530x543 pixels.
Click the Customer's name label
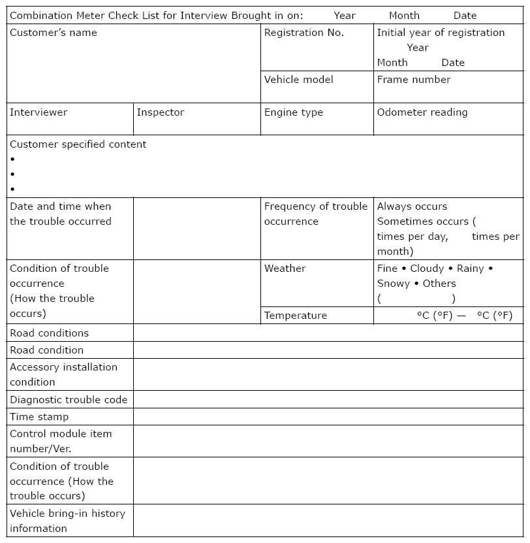click(54, 33)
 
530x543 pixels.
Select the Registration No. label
click(304, 33)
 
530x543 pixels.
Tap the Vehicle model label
click(298, 80)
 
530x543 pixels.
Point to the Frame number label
click(414, 80)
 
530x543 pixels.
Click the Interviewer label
click(39, 112)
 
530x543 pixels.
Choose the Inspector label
click(161, 112)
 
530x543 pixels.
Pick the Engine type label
click(294, 112)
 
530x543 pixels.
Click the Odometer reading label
click(422, 112)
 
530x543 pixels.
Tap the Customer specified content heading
click(78, 144)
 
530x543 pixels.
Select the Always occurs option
click(413, 206)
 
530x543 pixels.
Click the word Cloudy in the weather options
click(427, 269)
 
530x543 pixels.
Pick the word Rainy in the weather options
click(471, 269)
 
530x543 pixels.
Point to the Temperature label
click(296, 316)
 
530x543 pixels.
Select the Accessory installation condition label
click(63, 374)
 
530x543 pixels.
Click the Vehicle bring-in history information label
click(67, 521)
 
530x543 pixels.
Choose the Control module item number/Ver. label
click(61, 441)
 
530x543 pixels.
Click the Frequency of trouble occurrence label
click(316, 214)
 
